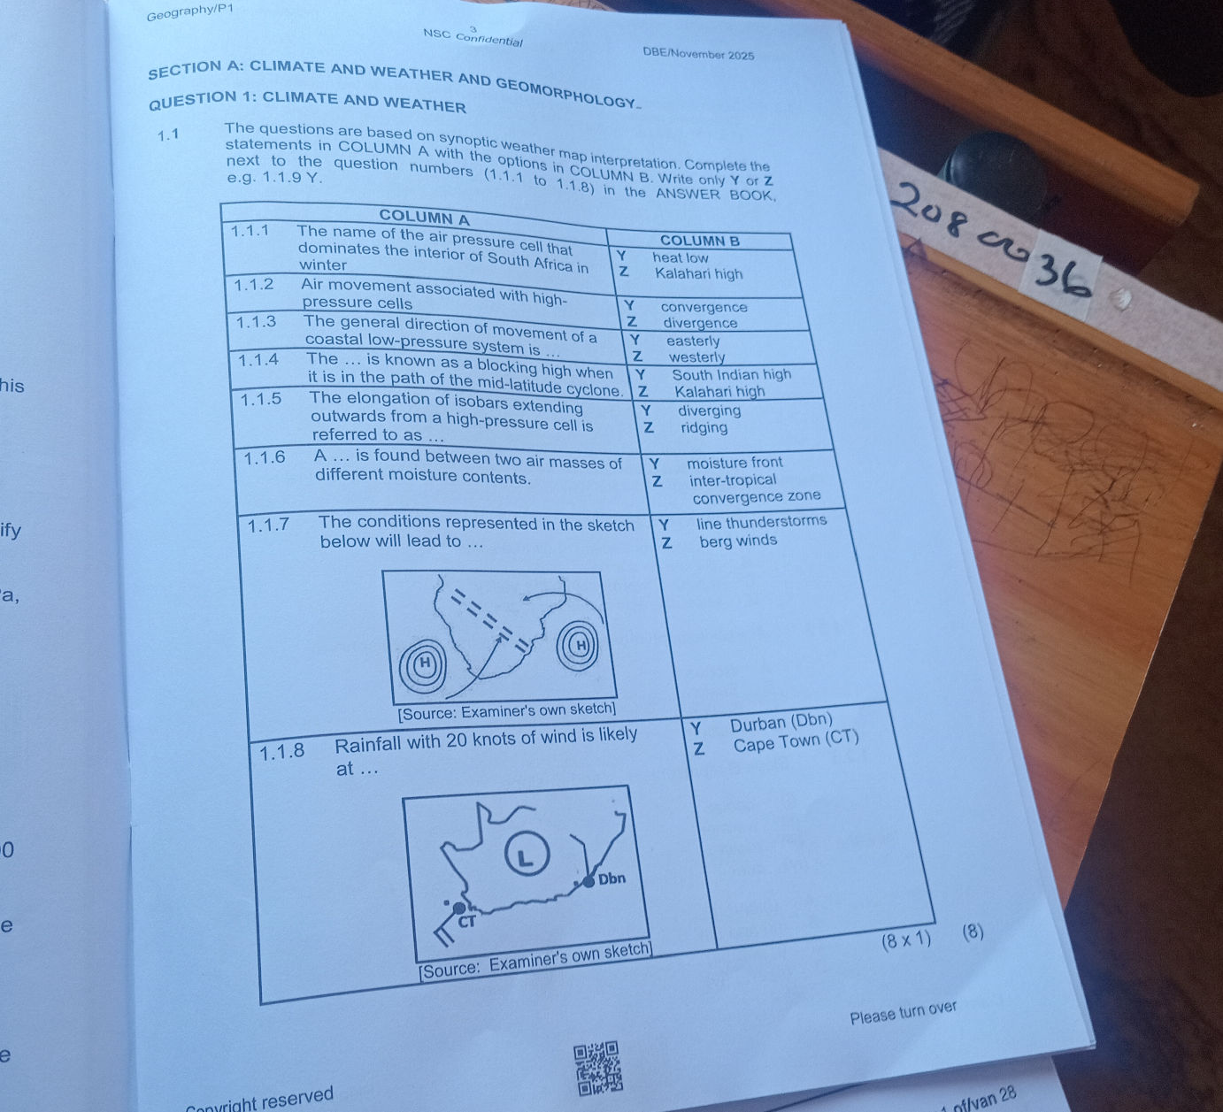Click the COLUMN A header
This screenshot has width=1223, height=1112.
pos(424,218)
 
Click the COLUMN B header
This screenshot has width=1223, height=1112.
pos(700,241)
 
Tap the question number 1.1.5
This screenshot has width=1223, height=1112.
pos(261,399)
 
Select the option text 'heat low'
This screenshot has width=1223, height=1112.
pos(681,258)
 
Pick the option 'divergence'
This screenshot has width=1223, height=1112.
pos(701,323)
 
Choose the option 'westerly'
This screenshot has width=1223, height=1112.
pos(696,357)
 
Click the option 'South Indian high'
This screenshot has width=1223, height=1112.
pos(732,374)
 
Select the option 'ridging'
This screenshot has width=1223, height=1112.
pos(704,427)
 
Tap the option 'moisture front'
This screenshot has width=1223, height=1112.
pos(735,463)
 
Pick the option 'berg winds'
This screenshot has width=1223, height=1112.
pos(738,541)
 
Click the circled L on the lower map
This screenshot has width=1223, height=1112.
pos(527,855)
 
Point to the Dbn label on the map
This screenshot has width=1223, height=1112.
pos(611,878)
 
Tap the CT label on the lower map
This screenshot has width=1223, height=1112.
pos(466,922)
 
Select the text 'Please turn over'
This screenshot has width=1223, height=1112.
pos(904,1013)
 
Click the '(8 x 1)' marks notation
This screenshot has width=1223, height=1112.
pos(906,940)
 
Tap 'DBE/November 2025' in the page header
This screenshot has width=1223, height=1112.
pos(699,54)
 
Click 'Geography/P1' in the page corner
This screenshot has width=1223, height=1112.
pos(189,12)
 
